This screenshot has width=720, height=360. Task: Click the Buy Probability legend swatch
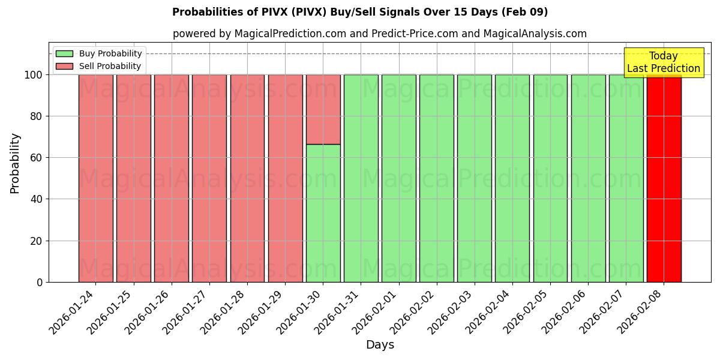[x=64, y=53]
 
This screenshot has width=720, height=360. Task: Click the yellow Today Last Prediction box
[x=663, y=62]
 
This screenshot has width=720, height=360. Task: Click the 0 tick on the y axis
[x=40, y=282]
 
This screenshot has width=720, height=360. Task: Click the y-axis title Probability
[x=15, y=163]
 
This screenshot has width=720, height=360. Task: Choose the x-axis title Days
[x=380, y=345]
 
